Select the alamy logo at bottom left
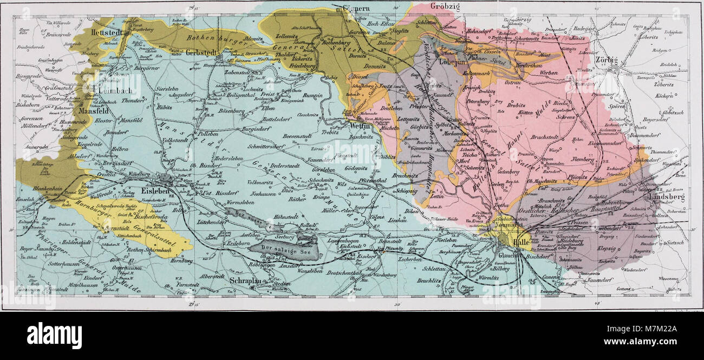(x=54, y=336)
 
